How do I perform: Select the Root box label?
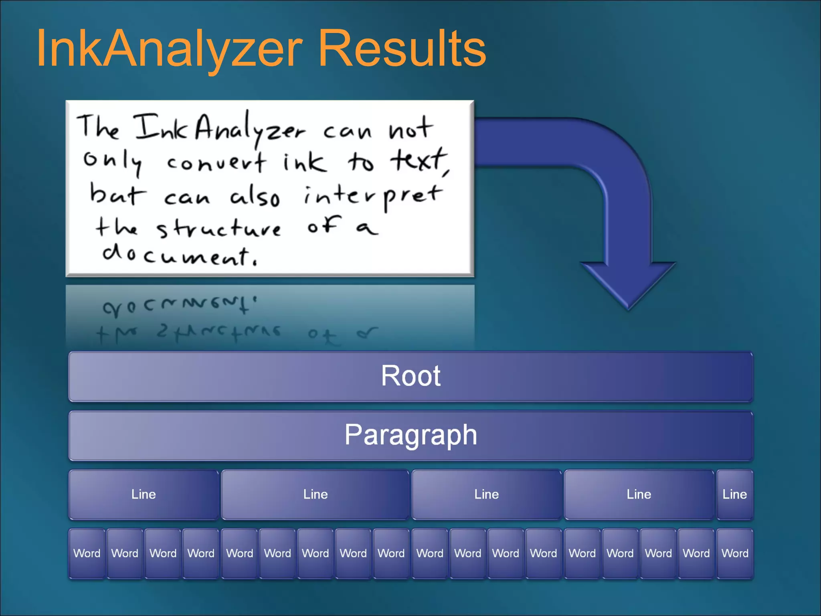tap(410, 376)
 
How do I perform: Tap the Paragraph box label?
tap(410, 435)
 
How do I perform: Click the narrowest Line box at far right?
tap(734, 494)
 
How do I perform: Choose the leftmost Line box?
tap(144, 494)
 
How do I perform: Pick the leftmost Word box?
tap(87, 553)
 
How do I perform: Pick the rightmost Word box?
tap(734, 553)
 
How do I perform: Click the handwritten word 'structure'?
tap(218, 229)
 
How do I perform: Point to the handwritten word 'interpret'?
tap(373, 196)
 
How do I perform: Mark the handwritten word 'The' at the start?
tap(98, 126)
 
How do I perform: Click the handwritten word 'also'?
tap(255, 197)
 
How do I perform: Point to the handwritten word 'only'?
tap(112, 161)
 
